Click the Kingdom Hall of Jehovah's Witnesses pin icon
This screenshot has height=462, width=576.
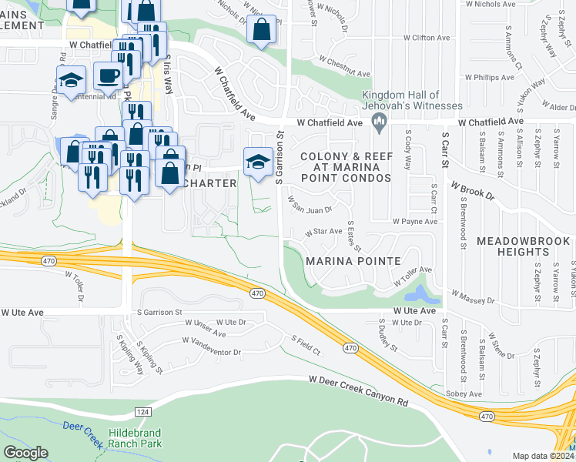pyautogui.click(x=378, y=122)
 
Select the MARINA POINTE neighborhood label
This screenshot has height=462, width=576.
pyautogui.click(x=353, y=261)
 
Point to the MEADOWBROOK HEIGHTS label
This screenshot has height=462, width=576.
pyautogui.click(x=523, y=246)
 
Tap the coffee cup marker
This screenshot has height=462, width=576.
pyautogui.click(x=108, y=75)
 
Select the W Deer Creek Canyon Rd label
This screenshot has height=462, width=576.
pyautogui.click(x=358, y=390)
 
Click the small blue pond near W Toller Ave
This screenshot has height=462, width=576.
pyautogui.click(x=418, y=293)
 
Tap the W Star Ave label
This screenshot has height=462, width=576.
pyautogui.click(x=323, y=231)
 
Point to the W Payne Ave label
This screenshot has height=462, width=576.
pyautogui.click(x=414, y=221)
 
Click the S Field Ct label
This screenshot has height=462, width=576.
pyautogui.click(x=306, y=345)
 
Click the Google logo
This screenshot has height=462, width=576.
pyautogui.click(x=25, y=453)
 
